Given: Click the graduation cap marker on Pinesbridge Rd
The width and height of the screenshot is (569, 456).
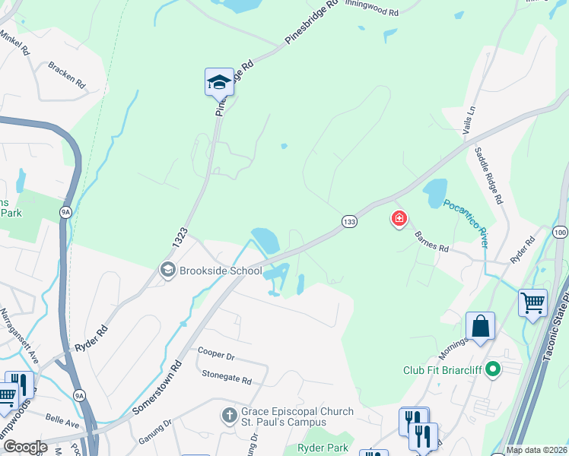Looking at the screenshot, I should [219, 82].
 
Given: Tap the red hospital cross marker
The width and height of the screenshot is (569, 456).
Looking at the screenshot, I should [399, 220].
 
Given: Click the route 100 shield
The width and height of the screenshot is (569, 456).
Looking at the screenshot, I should [561, 232].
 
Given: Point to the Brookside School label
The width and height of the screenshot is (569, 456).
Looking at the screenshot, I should [221, 271].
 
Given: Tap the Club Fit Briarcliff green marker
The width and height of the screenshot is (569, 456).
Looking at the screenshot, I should [493, 371].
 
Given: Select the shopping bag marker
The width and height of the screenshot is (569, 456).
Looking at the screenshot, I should [480, 327].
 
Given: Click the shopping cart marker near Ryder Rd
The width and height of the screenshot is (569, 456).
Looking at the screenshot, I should [532, 302].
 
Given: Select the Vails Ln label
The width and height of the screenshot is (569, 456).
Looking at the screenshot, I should [469, 120].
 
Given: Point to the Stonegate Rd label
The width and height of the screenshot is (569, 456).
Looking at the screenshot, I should [226, 375].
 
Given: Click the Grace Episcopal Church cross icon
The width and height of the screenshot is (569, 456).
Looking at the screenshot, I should [229, 416].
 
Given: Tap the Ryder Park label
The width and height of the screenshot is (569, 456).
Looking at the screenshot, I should [323, 448].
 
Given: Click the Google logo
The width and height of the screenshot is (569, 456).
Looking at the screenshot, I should [25, 447].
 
